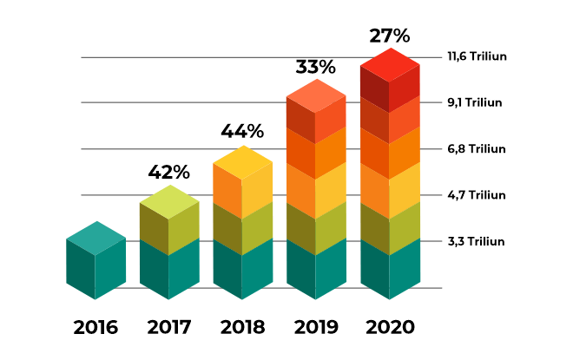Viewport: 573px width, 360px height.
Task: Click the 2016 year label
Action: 95,328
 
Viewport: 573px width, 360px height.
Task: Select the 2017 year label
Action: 169,328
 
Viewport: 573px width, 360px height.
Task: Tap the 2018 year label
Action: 242,328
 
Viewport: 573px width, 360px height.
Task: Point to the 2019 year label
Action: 316,328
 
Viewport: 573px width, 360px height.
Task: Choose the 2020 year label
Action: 390,328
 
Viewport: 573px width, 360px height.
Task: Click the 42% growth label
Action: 168,171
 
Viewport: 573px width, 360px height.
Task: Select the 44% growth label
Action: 242,132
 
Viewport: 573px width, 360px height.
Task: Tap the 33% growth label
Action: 315,67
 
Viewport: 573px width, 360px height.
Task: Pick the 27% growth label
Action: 389,36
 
